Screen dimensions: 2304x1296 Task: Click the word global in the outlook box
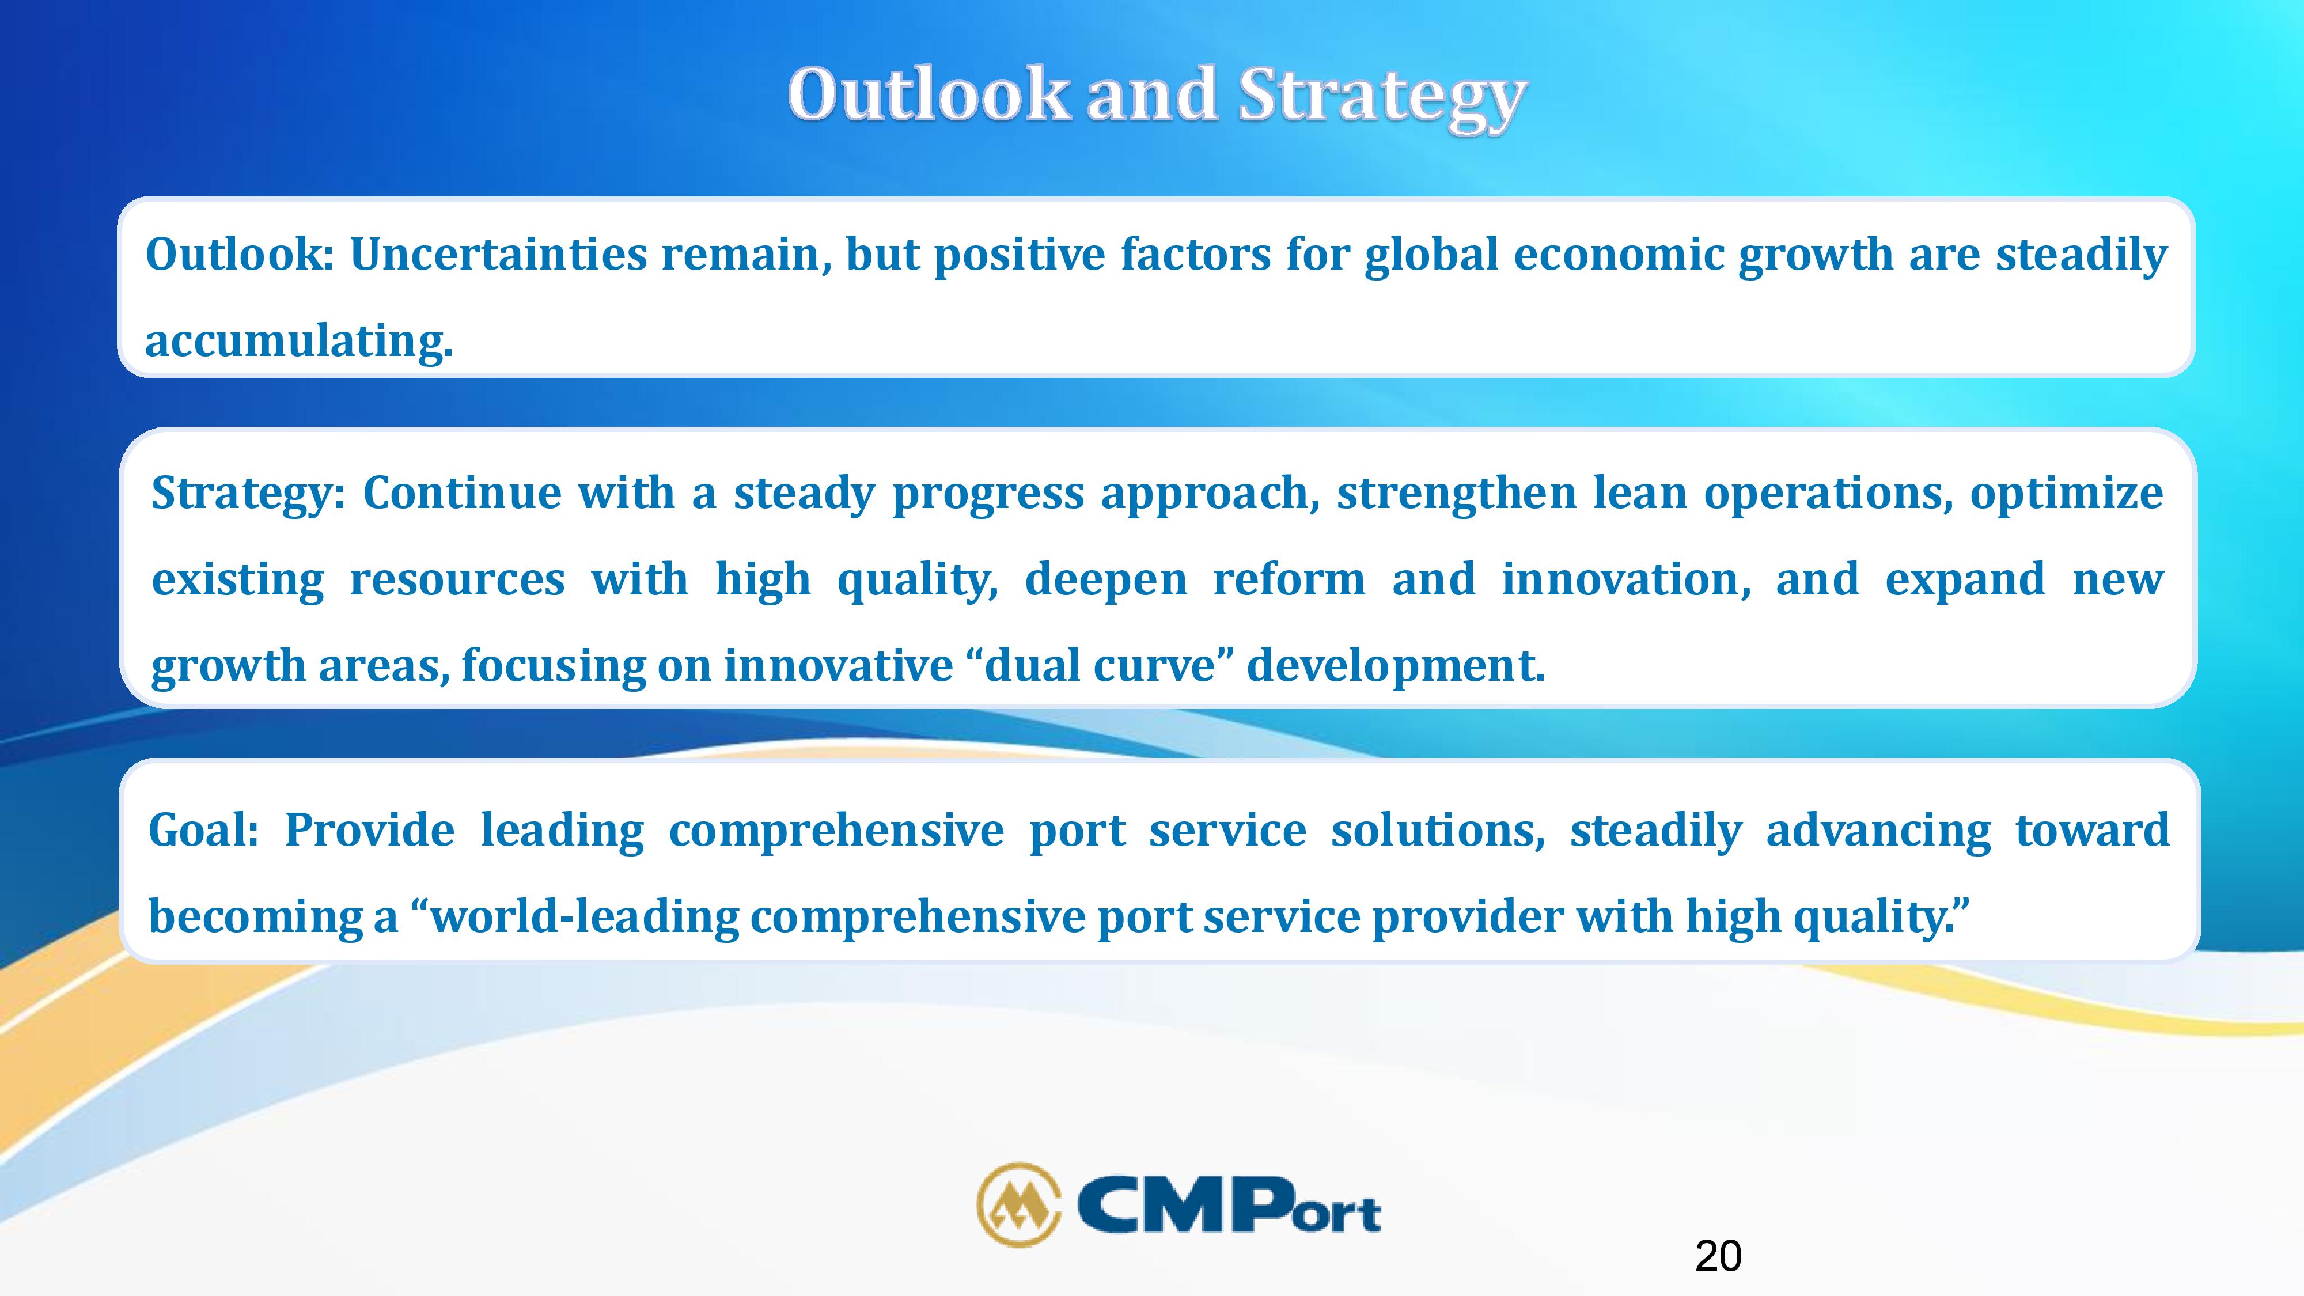point(1431,256)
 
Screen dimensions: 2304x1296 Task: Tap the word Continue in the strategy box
point(463,493)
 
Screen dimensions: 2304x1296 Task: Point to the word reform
point(1289,579)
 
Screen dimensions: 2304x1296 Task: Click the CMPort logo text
point(1230,1204)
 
